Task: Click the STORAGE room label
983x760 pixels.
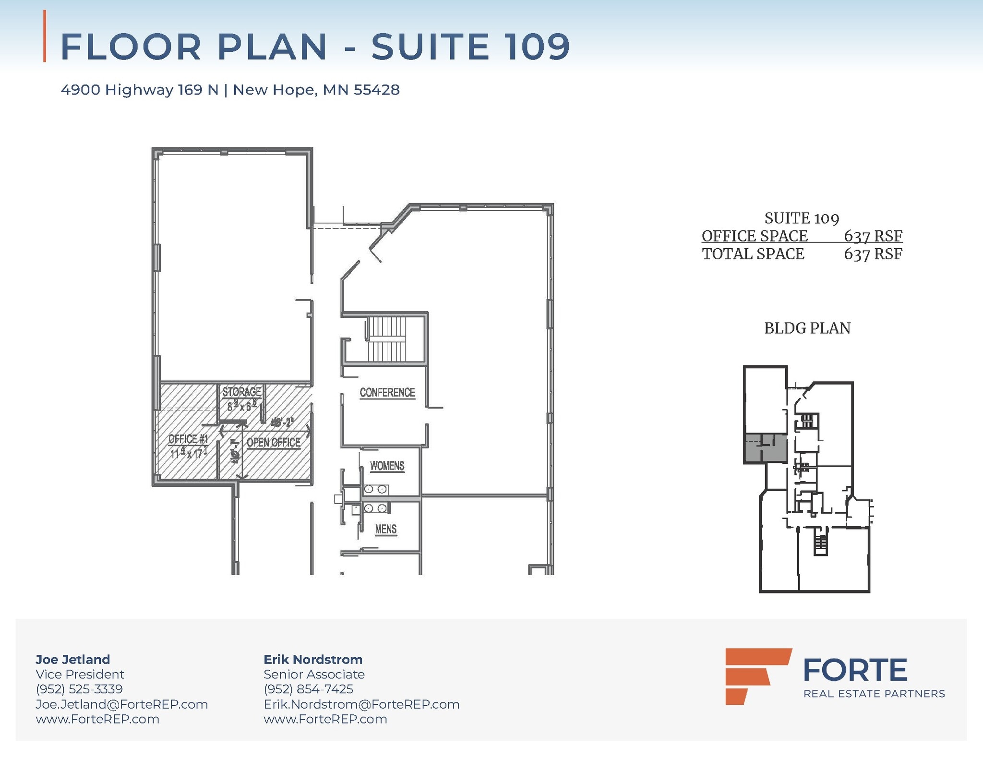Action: tap(241, 392)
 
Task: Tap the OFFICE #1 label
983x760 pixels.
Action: tap(188, 439)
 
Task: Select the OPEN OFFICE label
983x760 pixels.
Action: tap(273, 442)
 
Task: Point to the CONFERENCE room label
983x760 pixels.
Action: tap(387, 393)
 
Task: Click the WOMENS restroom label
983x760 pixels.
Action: tap(387, 466)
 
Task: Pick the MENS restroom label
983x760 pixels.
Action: tap(385, 529)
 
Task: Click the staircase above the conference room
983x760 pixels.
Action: tap(387, 339)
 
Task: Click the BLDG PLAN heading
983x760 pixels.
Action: tap(807, 328)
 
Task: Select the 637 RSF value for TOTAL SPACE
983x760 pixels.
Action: tap(873, 254)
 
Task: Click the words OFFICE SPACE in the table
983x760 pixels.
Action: tap(755, 236)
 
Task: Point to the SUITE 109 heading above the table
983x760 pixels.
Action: tap(801, 218)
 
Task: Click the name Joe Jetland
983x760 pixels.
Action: tap(72, 659)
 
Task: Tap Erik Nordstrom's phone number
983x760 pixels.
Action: tap(308, 689)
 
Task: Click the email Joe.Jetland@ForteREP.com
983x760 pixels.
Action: tap(121, 704)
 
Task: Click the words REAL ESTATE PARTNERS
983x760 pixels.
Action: tap(874, 694)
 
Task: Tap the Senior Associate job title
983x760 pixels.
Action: tap(314, 674)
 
